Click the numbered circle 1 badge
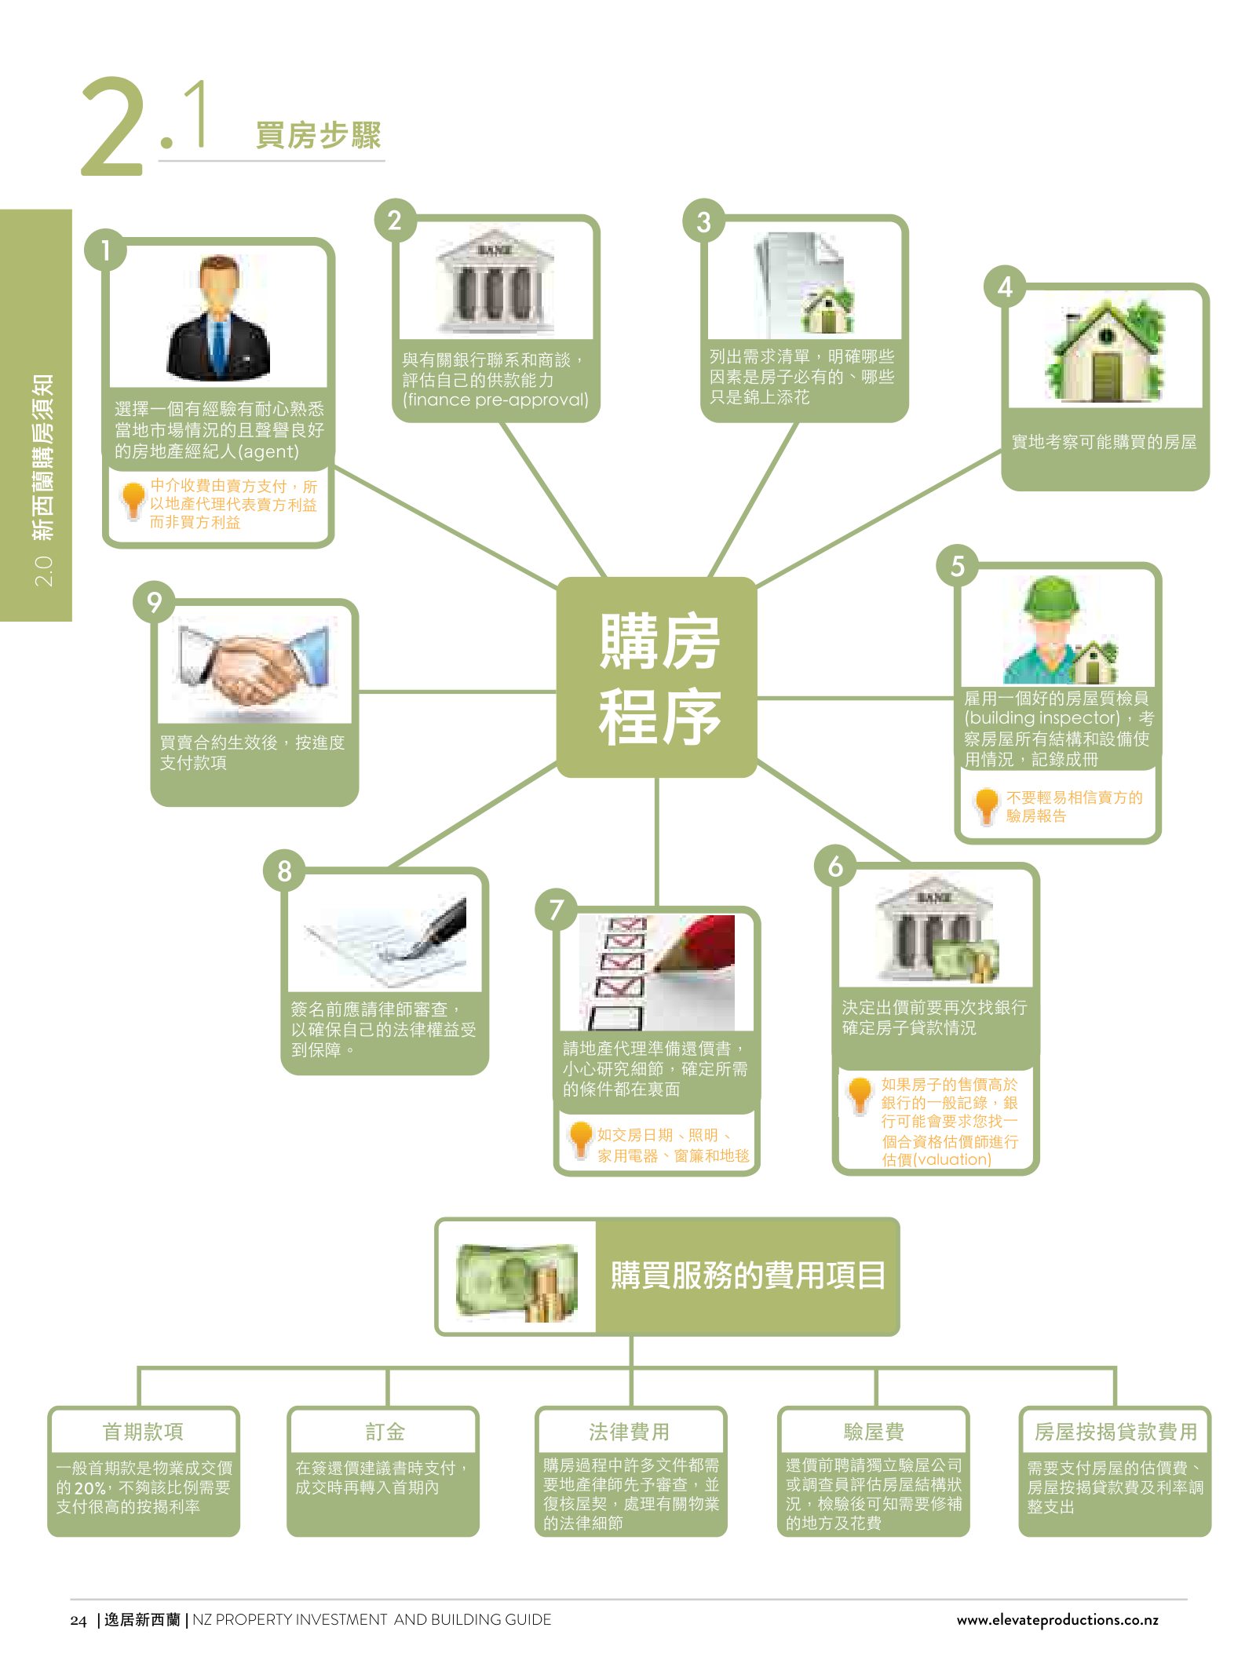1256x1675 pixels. (105, 250)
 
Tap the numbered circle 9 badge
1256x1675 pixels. (154, 602)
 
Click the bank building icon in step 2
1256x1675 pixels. (495, 283)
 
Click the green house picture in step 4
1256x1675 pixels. (1105, 351)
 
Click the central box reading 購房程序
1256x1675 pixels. (657, 677)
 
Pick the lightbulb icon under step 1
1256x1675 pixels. (133, 500)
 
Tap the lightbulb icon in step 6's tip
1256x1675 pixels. (860, 1096)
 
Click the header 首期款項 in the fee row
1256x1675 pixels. (143, 1432)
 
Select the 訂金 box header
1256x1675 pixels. (385, 1432)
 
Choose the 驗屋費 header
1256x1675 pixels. (874, 1432)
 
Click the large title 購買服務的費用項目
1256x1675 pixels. (748, 1275)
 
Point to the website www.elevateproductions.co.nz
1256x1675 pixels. (1057, 1619)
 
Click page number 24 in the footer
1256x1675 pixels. (78, 1620)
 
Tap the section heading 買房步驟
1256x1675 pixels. (318, 135)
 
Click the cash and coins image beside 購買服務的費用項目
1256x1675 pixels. (517, 1282)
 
